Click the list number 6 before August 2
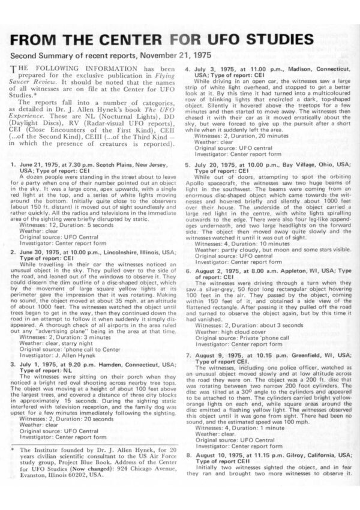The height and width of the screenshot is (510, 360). point(188,271)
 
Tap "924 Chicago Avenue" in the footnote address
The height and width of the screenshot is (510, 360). point(138,466)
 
